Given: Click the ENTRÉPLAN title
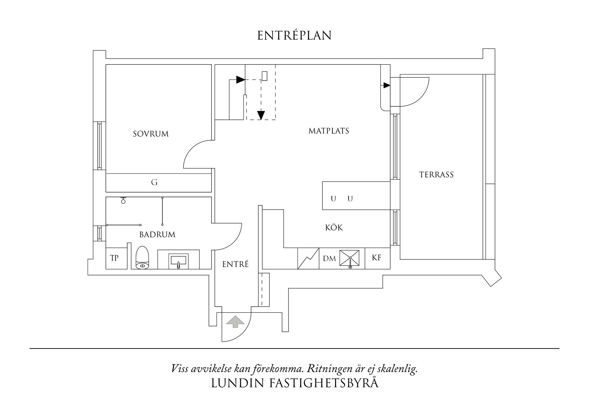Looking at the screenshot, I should coord(294,36).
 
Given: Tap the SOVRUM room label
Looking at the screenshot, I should coord(151,134).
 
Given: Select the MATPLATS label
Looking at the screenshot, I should coord(329,131).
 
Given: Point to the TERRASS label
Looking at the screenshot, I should coord(436,175).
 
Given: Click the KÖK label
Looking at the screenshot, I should coord(334,228).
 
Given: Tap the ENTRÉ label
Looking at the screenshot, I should coord(236,264).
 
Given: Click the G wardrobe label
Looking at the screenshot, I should coord(154,183).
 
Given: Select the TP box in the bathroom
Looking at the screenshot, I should coord(115,258).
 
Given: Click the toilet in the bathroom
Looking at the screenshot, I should coord(142,258).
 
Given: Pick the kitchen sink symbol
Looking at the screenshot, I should coord(350,259).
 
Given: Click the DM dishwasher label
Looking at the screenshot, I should coord(329,259).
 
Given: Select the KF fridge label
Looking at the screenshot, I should coord(377,258).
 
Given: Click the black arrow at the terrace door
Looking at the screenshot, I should coord(387,85).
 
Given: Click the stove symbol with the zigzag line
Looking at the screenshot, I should coord(308,258).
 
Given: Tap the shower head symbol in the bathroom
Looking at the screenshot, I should coord(123,201).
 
